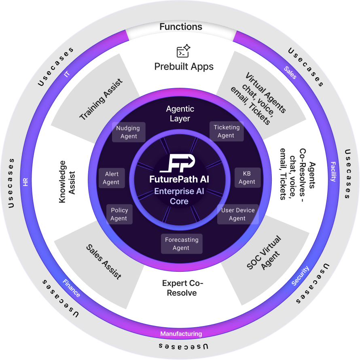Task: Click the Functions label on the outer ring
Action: coord(180,27)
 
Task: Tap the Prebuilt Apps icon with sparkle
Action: coord(183,51)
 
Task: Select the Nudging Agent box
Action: coord(128,132)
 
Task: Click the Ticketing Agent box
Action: coord(227,131)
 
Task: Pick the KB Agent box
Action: coord(247,178)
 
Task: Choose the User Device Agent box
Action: coord(237,214)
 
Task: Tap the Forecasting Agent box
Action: coord(181,244)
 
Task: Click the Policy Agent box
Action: coord(119,214)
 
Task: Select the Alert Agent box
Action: coord(111,178)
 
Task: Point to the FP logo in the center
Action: coord(179,163)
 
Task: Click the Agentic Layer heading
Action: coord(180,114)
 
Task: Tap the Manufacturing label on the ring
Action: coord(181,334)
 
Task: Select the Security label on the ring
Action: coord(300,276)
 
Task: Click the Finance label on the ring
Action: coord(72,288)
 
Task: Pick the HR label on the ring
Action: coord(25,182)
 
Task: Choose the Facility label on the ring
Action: coord(333,172)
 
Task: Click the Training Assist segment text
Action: coord(100,100)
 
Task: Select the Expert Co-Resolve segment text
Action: coord(182,288)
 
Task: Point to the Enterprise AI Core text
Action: coord(179,196)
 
